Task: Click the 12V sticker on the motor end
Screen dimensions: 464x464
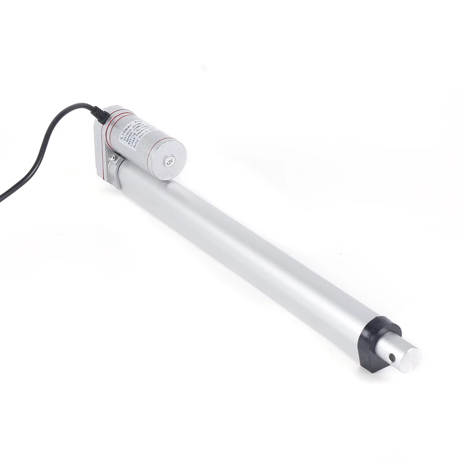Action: coord(169,161)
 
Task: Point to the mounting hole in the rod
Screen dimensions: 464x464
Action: coord(392,358)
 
